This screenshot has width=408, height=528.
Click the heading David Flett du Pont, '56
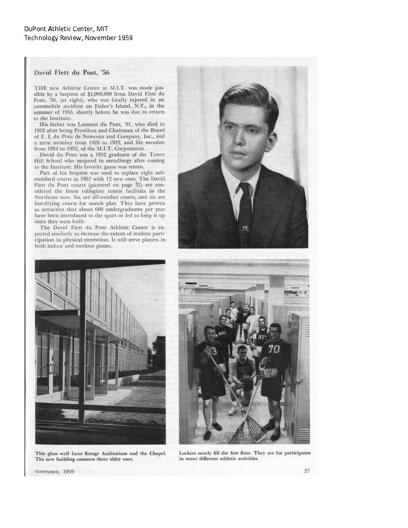tap(72, 72)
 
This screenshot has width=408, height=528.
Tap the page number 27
tap(307, 471)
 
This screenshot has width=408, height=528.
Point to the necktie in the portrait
tap(244, 211)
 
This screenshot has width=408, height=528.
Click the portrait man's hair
tap(248, 100)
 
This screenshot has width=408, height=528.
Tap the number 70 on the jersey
tap(274, 349)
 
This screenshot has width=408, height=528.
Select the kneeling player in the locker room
tap(242, 375)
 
